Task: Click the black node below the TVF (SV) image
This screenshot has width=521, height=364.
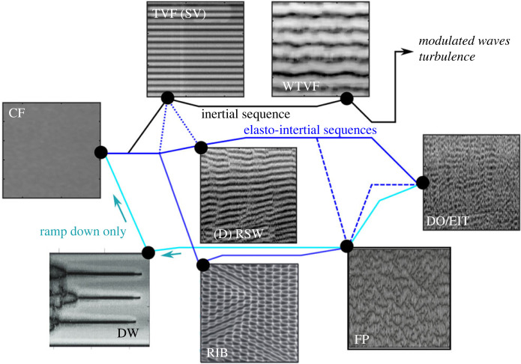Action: [x=168, y=97]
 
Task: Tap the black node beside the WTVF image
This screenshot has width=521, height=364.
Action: [x=347, y=97]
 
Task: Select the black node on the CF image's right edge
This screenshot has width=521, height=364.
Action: [x=101, y=152]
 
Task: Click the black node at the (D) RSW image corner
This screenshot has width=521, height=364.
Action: [x=201, y=148]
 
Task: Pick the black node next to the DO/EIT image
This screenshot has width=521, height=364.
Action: [x=423, y=182]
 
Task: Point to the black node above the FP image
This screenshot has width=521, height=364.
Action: [x=346, y=246]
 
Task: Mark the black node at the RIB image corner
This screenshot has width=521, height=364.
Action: [x=201, y=264]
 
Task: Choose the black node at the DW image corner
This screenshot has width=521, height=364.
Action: [x=148, y=252]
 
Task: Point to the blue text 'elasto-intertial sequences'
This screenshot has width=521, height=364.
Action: [x=310, y=130]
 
